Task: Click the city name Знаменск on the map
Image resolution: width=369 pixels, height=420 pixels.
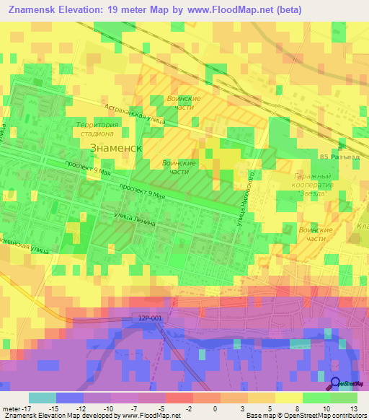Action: [116, 146]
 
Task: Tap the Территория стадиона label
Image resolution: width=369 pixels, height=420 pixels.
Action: [95, 129]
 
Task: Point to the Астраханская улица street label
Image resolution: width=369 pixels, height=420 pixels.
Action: [133, 118]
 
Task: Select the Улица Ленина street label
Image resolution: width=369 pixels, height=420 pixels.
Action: [135, 219]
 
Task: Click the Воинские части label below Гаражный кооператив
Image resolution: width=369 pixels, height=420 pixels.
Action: [315, 234]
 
